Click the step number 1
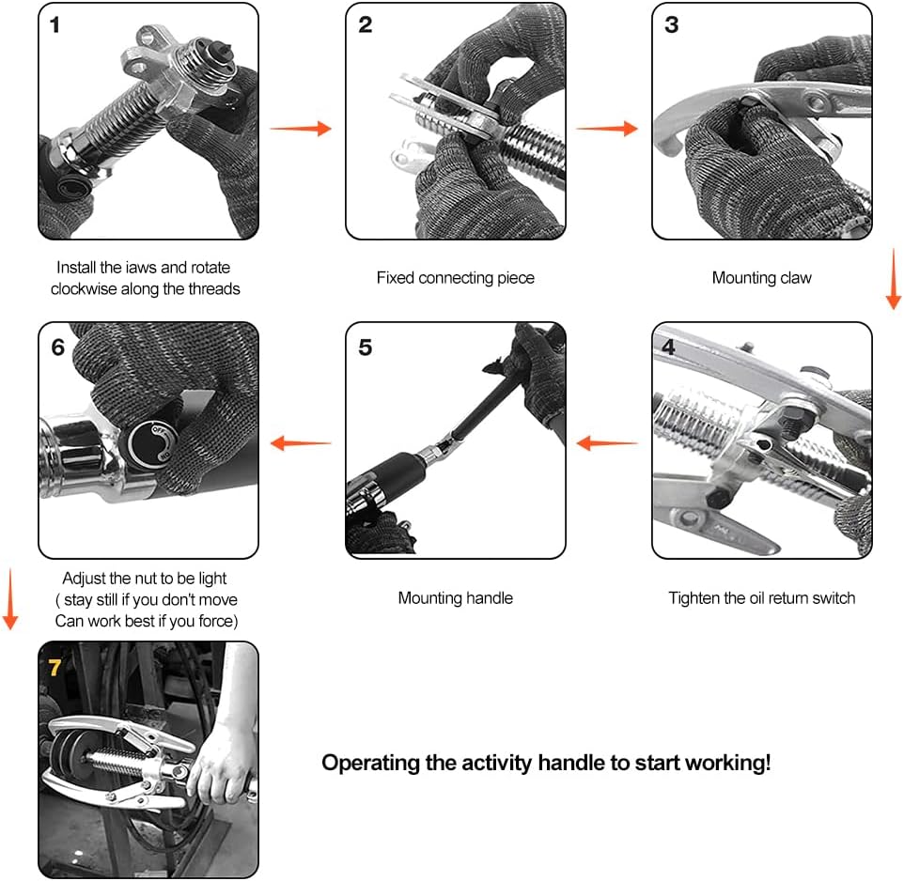click(55, 24)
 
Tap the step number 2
click(365, 24)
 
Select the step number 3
click(672, 24)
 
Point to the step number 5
click(365, 348)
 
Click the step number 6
click(57, 348)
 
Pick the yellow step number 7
click(55, 667)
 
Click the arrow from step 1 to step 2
click(301, 128)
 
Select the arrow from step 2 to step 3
click(607, 128)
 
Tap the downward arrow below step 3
click(893, 279)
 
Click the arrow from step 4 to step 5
click(607, 443)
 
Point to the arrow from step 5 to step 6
click(301, 443)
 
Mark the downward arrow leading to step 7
click(10, 598)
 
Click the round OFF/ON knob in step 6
click(150, 443)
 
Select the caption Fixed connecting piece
click(456, 278)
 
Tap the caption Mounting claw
click(761, 278)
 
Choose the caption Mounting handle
click(456, 598)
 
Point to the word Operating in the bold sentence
click(370, 764)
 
